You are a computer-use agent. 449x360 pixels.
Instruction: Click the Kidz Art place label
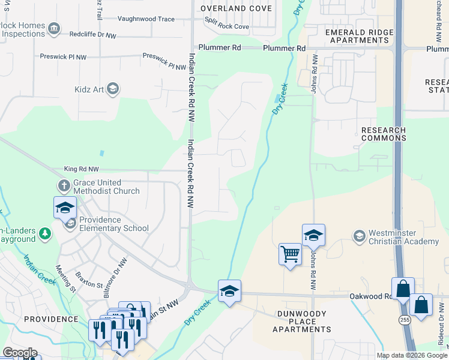pyautogui.click(x=90, y=90)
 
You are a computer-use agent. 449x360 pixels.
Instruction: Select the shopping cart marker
pyautogui.click(x=290, y=254)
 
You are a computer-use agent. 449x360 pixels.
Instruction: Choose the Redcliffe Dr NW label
pyautogui.click(x=92, y=36)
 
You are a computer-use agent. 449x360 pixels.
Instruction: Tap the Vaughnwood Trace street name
pyautogui.click(x=146, y=19)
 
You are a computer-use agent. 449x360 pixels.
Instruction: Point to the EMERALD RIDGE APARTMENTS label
pyautogui.click(x=360, y=36)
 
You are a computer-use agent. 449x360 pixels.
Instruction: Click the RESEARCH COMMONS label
pyautogui.click(x=384, y=134)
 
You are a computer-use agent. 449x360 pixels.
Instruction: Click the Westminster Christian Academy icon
pyautogui.click(x=360, y=235)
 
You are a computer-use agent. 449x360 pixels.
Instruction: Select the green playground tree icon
pyautogui.click(x=44, y=233)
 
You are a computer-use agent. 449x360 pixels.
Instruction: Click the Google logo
pyautogui.click(x=20, y=353)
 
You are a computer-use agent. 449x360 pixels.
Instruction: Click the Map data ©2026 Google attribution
pyautogui.click(x=412, y=355)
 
